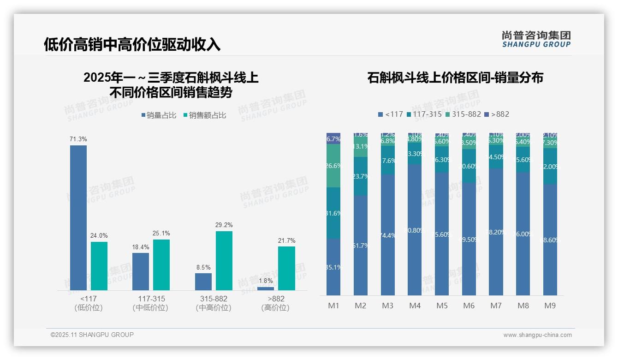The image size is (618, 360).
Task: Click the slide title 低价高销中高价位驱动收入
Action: coord(132,44)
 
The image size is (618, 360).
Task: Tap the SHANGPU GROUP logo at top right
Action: coord(536,39)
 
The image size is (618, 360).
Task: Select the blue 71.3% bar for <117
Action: coord(78,217)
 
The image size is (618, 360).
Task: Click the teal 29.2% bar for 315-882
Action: coord(224,261)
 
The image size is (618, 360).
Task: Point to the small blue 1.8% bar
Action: coord(266,288)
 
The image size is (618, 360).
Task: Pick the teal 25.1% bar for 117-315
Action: coord(161,265)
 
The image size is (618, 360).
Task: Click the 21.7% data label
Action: coord(287,240)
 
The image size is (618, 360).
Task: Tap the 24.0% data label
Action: coord(99,236)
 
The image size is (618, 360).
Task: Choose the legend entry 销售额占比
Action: coord(205,115)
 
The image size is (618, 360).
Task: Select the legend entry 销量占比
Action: coord(159,115)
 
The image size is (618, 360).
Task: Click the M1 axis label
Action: coord(333,306)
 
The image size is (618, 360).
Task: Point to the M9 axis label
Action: coord(550,306)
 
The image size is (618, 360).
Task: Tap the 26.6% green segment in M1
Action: coord(333,166)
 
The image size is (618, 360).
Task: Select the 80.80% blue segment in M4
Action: coord(415,230)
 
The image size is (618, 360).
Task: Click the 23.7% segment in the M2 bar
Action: coord(361,176)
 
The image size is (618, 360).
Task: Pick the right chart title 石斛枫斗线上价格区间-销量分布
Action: coord(455,78)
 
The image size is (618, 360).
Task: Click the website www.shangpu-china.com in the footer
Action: coord(537,335)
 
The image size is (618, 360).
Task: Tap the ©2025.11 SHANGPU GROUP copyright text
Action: coord(92,335)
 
